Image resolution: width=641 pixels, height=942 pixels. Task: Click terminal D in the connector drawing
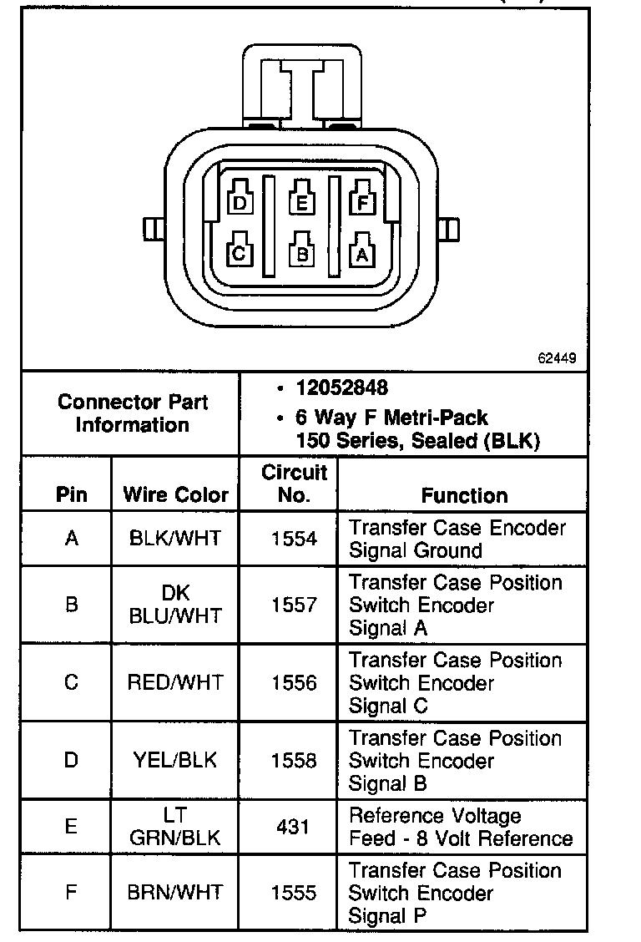pyautogui.click(x=240, y=201)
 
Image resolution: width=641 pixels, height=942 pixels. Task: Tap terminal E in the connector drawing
pyautogui.click(x=301, y=201)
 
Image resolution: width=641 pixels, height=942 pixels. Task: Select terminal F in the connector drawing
pyautogui.click(x=362, y=201)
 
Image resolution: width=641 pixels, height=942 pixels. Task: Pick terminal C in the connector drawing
pyautogui.click(x=240, y=252)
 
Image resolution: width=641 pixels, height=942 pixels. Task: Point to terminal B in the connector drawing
pyautogui.click(x=301, y=252)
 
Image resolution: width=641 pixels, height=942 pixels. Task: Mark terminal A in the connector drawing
pyautogui.click(x=362, y=252)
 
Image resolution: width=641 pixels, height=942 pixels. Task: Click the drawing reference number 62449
pyautogui.click(x=557, y=358)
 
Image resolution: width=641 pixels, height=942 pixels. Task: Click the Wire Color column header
pyautogui.click(x=175, y=494)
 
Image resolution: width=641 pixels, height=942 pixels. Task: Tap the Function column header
pyautogui.click(x=464, y=495)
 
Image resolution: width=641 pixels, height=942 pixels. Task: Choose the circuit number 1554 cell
pyautogui.click(x=294, y=539)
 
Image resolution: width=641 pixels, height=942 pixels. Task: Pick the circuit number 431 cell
pyautogui.click(x=294, y=827)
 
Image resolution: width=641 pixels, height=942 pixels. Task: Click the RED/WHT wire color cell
pyautogui.click(x=175, y=682)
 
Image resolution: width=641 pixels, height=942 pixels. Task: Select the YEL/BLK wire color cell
pyautogui.click(x=175, y=760)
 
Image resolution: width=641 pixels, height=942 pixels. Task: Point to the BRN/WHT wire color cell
pyautogui.click(x=175, y=893)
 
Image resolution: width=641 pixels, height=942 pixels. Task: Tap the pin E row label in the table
pyautogui.click(x=71, y=827)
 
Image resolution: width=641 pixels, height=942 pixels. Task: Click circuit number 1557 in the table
pyautogui.click(x=294, y=605)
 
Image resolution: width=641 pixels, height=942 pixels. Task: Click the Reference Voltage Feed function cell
pyautogui.click(x=461, y=827)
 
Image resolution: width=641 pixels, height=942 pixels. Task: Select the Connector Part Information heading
pyautogui.click(x=133, y=413)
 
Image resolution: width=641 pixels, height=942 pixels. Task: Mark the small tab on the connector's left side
pyautogui.click(x=151, y=228)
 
